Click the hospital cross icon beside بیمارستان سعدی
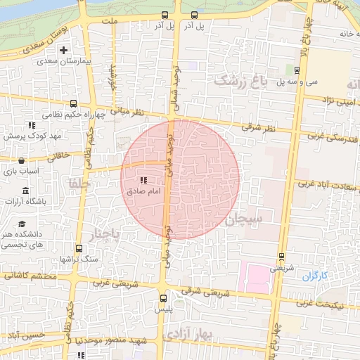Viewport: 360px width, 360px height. tap(64, 50)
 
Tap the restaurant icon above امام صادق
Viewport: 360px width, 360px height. tap(144, 180)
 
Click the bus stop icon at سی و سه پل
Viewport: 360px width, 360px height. tap(297, 70)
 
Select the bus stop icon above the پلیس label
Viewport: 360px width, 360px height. tap(163, 297)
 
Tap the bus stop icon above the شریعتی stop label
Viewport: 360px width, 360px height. tap(281, 256)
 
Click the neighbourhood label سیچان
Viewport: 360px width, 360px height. tap(243, 219)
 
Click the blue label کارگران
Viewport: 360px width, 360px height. tap(316, 276)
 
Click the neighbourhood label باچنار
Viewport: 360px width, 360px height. tap(108, 232)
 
